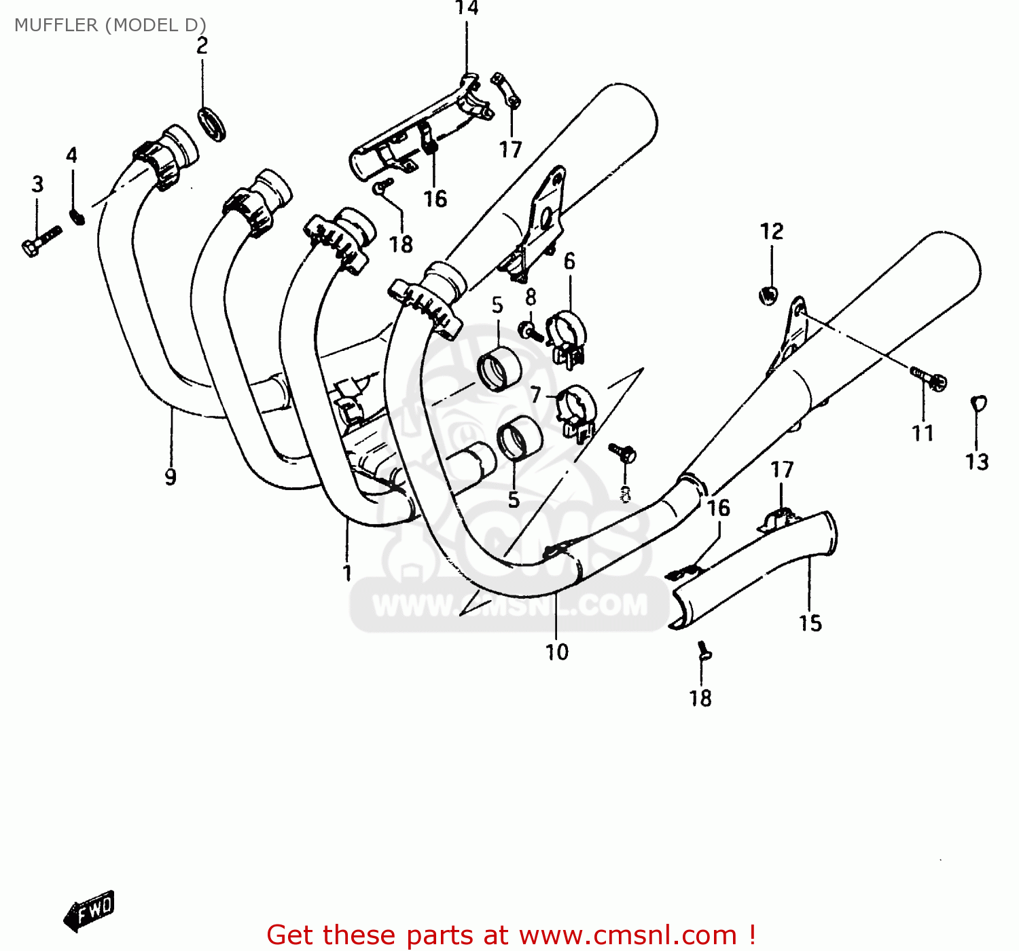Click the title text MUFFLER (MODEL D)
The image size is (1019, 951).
[x=110, y=25]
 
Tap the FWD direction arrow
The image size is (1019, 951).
[x=90, y=910]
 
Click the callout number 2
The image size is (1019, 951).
[x=202, y=46]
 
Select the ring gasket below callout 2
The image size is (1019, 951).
[x=211, y=124]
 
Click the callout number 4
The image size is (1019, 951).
[x=72, y=155]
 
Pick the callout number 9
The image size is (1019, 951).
[x=171, y=477]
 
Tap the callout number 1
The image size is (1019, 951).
[x=347, y=573]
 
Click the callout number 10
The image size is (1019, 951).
[x=556, y=652]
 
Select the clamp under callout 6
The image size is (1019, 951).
[x=567, y=337]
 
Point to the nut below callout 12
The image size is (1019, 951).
[x=768, y=295]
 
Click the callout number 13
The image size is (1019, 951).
[x=977, y=462]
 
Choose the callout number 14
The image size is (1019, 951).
[x=467, y=9]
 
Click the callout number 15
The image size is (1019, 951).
[x=810, y=623]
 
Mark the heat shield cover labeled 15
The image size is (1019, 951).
[x=754, y=570]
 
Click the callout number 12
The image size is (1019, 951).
[x=772, y=232]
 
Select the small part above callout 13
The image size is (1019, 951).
[x=978, y=404]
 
